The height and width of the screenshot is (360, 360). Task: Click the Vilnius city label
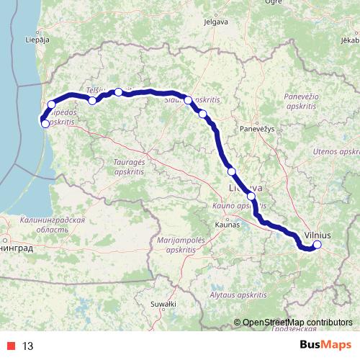[x=318, y=235]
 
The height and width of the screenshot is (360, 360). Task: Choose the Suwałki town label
[x=168, y=305]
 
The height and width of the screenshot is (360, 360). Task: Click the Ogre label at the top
[x=253, y=3]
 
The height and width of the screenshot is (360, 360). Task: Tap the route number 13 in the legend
[x=28, y=346]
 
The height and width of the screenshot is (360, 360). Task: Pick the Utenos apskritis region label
[x=336, y=153]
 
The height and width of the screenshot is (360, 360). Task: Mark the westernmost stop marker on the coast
[x=45, y=124]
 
